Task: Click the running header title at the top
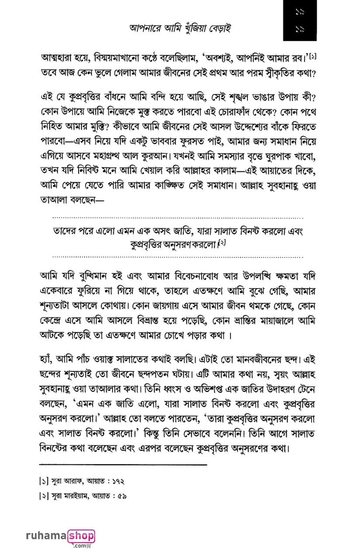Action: pos(180,29)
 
